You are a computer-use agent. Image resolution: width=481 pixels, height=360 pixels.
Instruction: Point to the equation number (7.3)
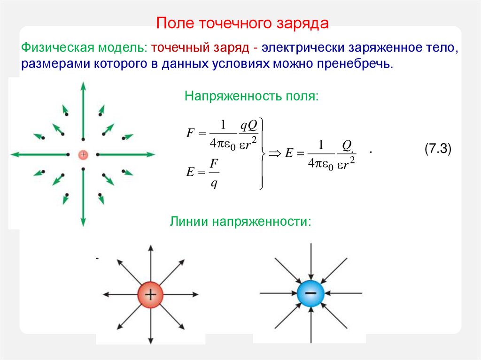click(437, 149)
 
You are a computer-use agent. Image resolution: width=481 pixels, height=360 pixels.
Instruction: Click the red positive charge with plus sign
click(150, 295)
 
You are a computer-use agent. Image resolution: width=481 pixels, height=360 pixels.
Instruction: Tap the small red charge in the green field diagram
click(83, 154)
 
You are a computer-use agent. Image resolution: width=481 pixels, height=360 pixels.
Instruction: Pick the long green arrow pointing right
click(126, 154)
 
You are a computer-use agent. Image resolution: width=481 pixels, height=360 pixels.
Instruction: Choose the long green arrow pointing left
click(40, 154)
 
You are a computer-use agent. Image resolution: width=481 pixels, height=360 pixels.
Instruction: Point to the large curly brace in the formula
click(262, 153)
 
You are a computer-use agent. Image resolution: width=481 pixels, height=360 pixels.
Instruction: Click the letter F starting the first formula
click(190, 133)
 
